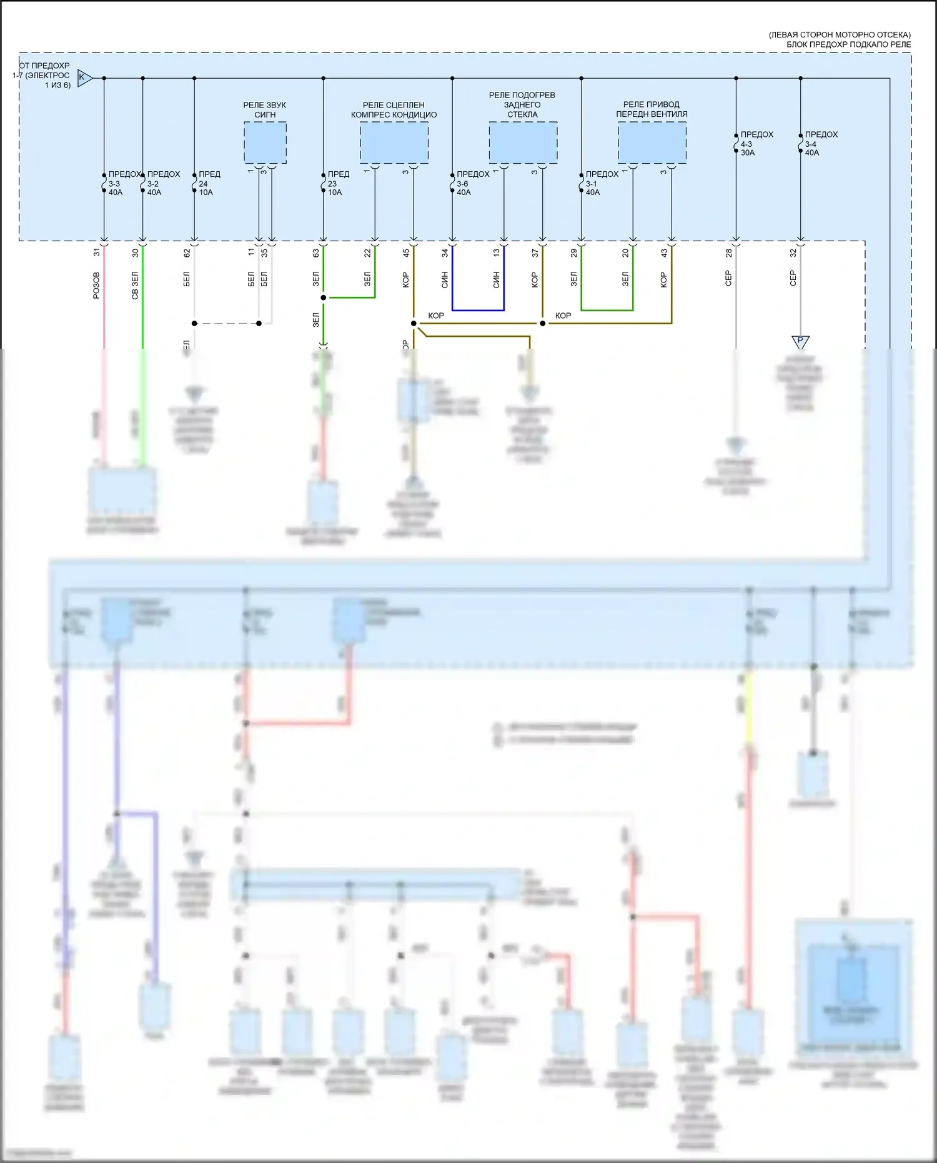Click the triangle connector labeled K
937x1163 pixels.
coord(84,77)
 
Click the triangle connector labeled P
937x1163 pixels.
coord(800,341)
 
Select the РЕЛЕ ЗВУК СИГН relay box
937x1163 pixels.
coord(265,142)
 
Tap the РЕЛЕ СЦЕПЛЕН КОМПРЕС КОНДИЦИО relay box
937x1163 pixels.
coord(394,142)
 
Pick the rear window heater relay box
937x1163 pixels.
coord(523,142)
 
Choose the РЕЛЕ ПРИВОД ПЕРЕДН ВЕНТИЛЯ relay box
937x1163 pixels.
coord(652,142)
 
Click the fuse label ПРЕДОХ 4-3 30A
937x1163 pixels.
coord(756,144)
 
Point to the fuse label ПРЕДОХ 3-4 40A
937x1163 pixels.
coord(820,144)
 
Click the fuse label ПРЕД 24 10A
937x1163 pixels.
coord(209,183)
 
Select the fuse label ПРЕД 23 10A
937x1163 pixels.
coord(337,183)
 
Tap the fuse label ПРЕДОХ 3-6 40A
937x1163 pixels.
coord(472,183)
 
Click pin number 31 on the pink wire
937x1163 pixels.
coord(96,252)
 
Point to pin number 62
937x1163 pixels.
coord(187,252)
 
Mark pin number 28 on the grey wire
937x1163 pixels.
coord(728,252)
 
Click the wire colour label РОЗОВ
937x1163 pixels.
coord(96,285)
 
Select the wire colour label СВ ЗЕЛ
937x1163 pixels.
coord(135,285)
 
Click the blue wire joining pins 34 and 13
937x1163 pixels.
coord(478,310)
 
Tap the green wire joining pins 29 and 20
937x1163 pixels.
coord(607,310)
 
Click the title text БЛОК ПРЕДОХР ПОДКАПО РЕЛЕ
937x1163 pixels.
coord(848,44)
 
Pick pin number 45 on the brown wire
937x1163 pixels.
coord(406,252)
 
